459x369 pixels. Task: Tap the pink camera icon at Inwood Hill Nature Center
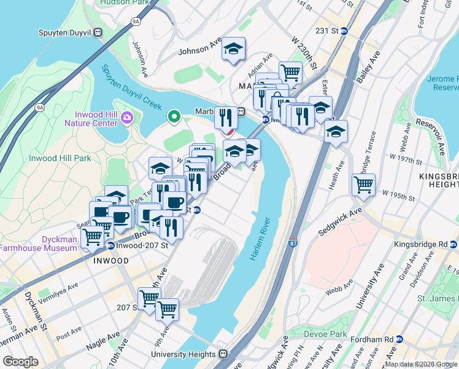tap(127, 117)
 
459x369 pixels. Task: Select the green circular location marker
tap(174, 115)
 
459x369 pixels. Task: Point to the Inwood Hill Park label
tap(60, 158)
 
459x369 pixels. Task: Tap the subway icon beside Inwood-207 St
tap(110, 246)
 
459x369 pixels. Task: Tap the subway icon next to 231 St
tap(345, 30)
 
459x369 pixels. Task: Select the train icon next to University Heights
tap(224, 354)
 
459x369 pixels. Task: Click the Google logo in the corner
tap(20, 361)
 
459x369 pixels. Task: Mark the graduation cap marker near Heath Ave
tap(336, 132)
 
